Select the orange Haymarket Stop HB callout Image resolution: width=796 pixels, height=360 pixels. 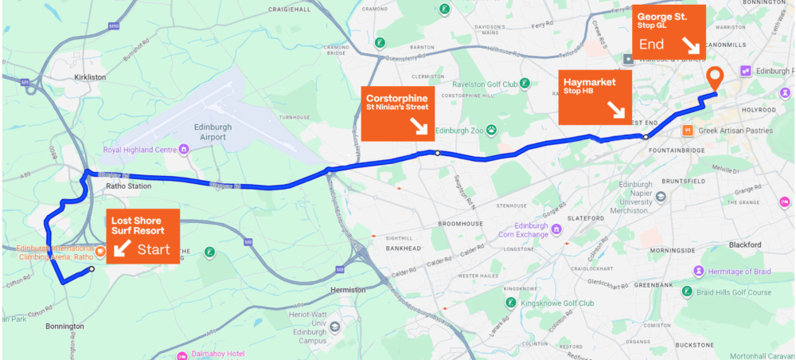point(594,97)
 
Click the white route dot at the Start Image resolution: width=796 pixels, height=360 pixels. point(92,269)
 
